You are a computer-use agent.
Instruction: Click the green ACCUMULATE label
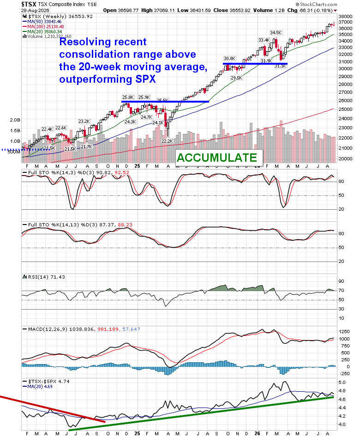[x=217, y=158]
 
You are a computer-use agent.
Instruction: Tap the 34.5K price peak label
[x=276, y=33]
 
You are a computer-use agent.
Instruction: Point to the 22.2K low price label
[x=167, y=141]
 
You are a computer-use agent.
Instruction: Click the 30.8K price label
[x=229, y=59]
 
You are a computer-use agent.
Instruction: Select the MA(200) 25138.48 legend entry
[x=43, y=26]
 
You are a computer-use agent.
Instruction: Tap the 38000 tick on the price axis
[x=345, y=16]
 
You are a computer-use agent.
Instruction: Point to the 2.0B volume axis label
[x=15, y=120]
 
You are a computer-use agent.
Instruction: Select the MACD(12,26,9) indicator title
[x=48, y=329]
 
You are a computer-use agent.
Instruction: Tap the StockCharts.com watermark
[x=317, y=4]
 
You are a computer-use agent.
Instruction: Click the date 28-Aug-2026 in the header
[x=35, y=10]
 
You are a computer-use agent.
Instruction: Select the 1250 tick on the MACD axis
[x=344, y=332]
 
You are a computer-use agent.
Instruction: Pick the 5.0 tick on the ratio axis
[x=342, y=383]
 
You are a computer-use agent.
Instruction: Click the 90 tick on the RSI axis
[x=341, y=281]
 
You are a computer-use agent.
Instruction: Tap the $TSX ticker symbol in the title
[x=29, y=4]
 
